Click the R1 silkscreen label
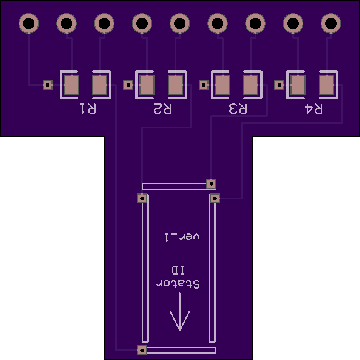pos(87,109)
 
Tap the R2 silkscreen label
pos(162,109)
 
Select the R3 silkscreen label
pos(238,109)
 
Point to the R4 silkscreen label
pos(314,109)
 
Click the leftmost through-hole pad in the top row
pos(28,23)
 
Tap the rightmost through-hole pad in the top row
pos(331,23)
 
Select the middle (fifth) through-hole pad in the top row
pos(180,23)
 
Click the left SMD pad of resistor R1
pos(71,85)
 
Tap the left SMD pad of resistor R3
pos(222,85)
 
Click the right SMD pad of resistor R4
pos(326,85)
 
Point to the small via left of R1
pos(48,85)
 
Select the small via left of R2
pos(128,85)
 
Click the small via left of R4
pos(279,85)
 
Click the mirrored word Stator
pos(178,284)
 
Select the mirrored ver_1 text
pos(182,237)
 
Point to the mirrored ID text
pos(178,270)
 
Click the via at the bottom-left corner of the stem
pos(142,350)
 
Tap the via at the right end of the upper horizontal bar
pos(211,184)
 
